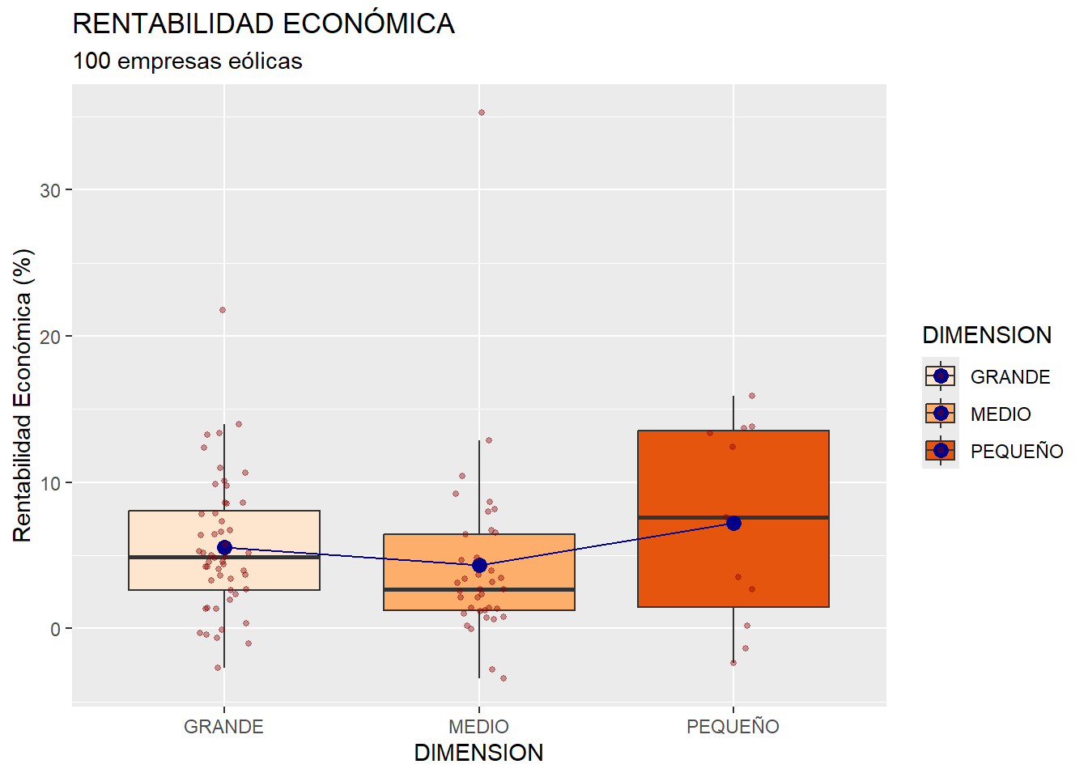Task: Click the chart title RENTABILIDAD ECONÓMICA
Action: [x=263, y=24]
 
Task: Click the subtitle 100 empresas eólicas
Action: [x=187, y=62]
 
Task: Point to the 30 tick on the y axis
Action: [x=50, y=190]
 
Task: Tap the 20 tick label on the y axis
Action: [x=50, y=337]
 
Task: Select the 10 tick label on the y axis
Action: [x=50, y=483]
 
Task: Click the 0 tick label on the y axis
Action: [x=55, y=630]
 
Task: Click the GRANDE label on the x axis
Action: [x=223, y=727]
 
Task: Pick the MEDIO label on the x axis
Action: [x=478, y=727]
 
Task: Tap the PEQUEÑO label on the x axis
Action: [x=733, y=727]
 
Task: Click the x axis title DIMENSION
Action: [x=478, y=753]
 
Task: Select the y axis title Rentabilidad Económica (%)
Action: [x=23, y=395]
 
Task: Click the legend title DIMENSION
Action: [x=987, y=335]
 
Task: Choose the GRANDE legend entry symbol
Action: [x=941, y=376]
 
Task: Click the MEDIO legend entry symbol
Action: [x=941, y=414]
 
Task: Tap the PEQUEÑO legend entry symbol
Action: [x=941, y=451]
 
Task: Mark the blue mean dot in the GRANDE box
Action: [x=224, y=548]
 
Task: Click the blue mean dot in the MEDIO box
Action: [x=479, y=565]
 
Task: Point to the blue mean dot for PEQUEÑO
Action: [x=733, y=523]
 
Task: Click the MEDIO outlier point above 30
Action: [x=481, y=113]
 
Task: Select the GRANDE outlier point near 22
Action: [x=222, y=310]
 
